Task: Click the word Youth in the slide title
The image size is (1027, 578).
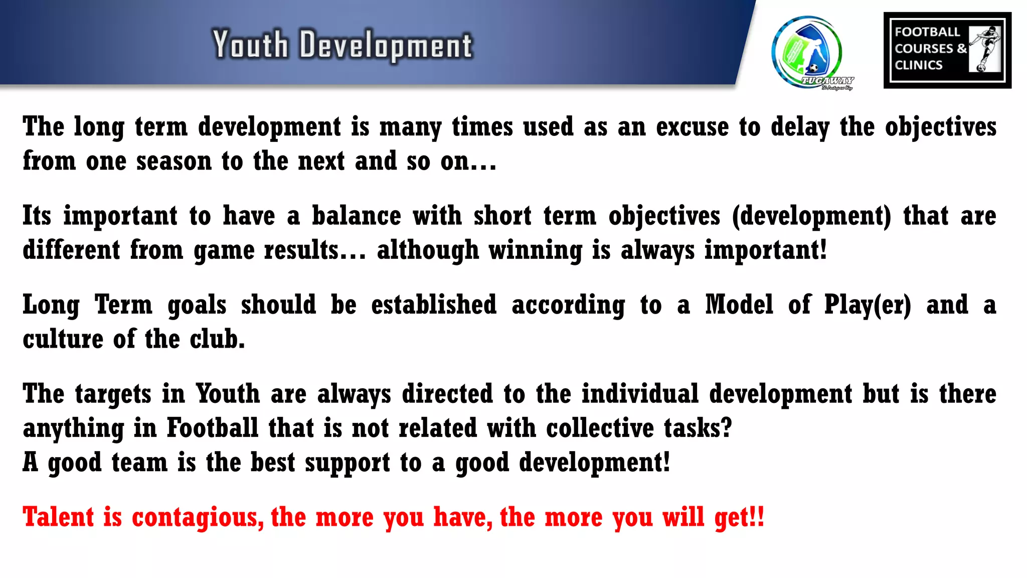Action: (x=250, y=45)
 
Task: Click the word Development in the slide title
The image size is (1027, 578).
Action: (x=386, y=46)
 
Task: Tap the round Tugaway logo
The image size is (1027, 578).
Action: (x=808, y=52)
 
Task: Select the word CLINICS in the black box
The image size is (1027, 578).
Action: (x=918, y=65)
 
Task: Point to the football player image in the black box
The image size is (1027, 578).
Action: (x=985, y=49)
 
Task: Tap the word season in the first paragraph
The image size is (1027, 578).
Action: (x=174, y=162)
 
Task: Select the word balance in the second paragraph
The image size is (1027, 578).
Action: (x=357, y=216)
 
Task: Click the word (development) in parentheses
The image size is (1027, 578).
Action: (x=811, y=216)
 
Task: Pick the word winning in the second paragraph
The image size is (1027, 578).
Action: (x=535, y=250)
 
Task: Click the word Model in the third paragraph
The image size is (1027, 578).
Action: (x=739, y=305)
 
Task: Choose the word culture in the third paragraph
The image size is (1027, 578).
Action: (x=63, y=340)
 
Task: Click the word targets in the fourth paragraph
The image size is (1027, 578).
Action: (x=113, y=394)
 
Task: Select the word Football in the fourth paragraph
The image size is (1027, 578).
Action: (x=212, y=428)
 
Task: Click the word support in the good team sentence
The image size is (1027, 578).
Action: (x=347, y=463)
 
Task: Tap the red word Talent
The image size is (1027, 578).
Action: (x=58, y=517)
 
